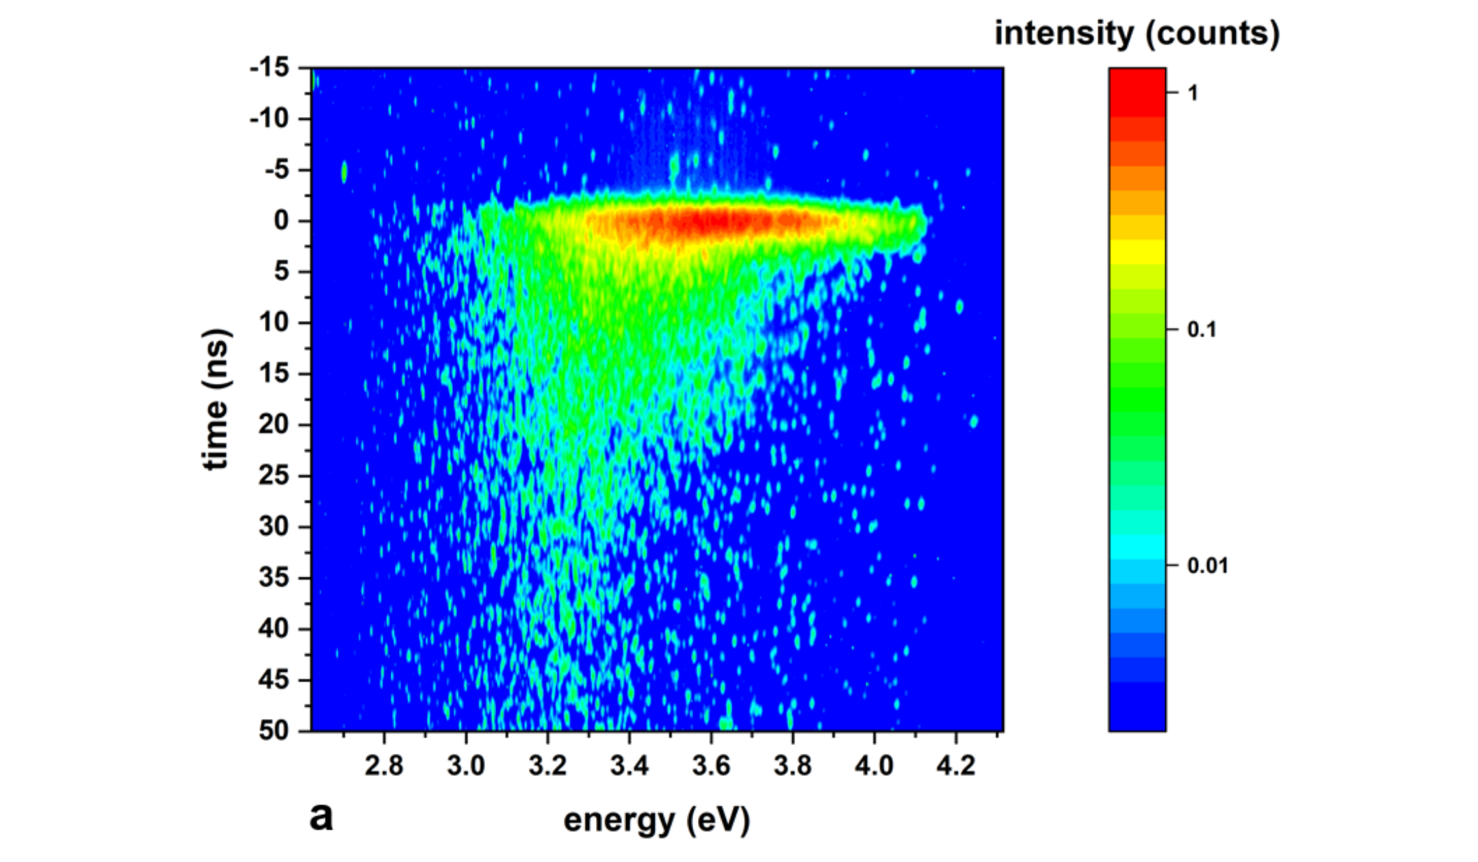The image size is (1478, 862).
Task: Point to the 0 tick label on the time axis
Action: (281, 221)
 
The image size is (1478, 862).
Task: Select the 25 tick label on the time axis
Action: (274, 475)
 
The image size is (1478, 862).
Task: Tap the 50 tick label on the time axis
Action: (274, 731)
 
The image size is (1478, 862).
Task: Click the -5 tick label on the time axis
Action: (276, 170)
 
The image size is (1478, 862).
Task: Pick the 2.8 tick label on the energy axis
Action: (384, 766)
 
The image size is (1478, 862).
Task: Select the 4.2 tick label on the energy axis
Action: (956, 766)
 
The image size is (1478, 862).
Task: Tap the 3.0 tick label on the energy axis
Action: (466, 766)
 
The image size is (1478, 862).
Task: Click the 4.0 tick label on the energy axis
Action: (874, 766)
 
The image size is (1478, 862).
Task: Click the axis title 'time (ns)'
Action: (216, 400)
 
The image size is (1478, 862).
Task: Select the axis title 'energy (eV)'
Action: (657, 820)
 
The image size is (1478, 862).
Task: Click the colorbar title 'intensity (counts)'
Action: (1137, 33)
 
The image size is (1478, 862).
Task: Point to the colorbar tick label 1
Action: (1193, 93)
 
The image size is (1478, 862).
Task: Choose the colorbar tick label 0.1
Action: (1202, 330)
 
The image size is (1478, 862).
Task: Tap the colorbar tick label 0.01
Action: (1208, 566)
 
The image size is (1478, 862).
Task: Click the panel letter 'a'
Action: (321, 816)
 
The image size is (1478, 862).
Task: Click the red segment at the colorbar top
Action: (1137, 92)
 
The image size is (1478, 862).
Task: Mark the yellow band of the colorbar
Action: (1137, 252)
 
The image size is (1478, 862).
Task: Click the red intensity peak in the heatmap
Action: (712, 222)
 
